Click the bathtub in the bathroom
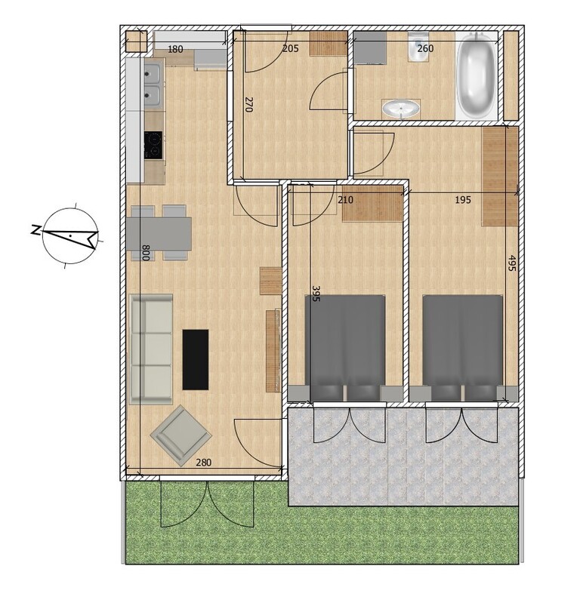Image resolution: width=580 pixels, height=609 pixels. pyautogui.click(x=477, y=76)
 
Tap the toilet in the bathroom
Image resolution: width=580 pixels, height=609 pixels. pyautogui.click(x=417, y=47)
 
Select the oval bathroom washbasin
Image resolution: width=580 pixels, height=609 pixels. pyautogui.click(x=401, y=109)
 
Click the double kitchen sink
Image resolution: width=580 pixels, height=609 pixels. pyautogui.click(x=153, y=86)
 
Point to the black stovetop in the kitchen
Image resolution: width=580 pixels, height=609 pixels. pyautogui.click(x=153, y=145)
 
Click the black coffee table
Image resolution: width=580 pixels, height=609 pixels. pyautogui.click(x=196, y=359)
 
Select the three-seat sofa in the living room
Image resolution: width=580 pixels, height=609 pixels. pyautogui.click(x=151, y=349)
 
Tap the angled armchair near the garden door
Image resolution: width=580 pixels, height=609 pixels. pyautogui.click(x=180, y=435)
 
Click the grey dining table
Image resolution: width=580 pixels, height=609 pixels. pyautogui.click(x=159, y=233)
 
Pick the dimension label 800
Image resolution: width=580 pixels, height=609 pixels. pyautogui.click(x=146, y=253)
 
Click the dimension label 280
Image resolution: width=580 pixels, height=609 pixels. pyautogui.click(x=204, y=463)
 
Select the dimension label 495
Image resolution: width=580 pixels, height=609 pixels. pyautogui.click(x=512, y=263)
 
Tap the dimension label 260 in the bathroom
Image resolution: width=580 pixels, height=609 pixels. pyautogui.click(x=425, y=48)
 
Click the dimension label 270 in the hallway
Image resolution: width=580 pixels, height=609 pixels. pyautogui.click(x=248, y=104)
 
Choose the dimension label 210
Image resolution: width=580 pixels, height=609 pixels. pyautogui.click(x=345, y=200)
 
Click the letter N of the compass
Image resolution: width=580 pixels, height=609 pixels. pyautogui.click(x=35, y=229)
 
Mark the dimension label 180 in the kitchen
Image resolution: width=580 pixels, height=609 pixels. pyautogui.click(x=175, y=49)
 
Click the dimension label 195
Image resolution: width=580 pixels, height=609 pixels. pyautogui.click(x=463, y=200)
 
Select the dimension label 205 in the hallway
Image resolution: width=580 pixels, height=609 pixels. pyautogui.click(x=291, y=48)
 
